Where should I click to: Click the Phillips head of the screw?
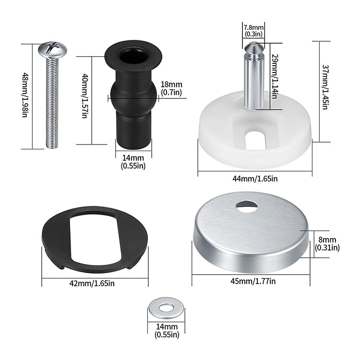click(52, 49)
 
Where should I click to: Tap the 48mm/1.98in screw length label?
click(25, 95)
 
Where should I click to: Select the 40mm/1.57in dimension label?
click(84, 96)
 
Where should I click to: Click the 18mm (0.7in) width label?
click(171, 88)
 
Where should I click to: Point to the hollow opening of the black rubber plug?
click(133, 56)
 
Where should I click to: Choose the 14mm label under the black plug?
click(133, 162)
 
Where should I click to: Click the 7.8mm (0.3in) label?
click(253, 31)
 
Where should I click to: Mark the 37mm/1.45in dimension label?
click(326, 87)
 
